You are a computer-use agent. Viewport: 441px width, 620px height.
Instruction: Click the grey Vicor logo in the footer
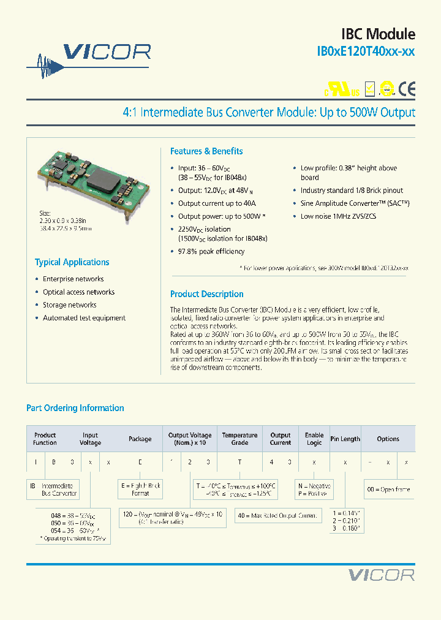coord(381,575)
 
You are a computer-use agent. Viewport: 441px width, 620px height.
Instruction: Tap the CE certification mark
coord(407,89)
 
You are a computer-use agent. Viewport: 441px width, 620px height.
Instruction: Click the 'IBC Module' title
coord(378,34)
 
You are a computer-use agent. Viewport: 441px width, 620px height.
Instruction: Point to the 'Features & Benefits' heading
coord(206,151)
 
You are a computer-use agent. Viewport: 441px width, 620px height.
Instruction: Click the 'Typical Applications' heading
coord(72,262)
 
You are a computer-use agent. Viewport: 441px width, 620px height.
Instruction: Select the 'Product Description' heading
coord(206,294)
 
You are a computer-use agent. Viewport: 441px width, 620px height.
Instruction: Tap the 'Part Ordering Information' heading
coord(75,408)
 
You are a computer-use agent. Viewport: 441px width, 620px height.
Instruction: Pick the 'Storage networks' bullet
coord(69,305)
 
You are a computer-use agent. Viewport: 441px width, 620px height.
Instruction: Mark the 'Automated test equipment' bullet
coord(84,318)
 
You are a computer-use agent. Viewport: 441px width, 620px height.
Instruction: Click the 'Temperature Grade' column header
coord(239,439)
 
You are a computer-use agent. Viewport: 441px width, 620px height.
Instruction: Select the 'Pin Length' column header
coord(345,439)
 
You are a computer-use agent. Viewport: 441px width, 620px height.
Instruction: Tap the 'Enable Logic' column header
coord(314,439)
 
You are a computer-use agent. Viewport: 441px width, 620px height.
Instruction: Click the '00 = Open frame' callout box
coord(388,490)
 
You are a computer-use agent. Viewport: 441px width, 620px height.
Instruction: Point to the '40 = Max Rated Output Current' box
coord(285,516)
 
